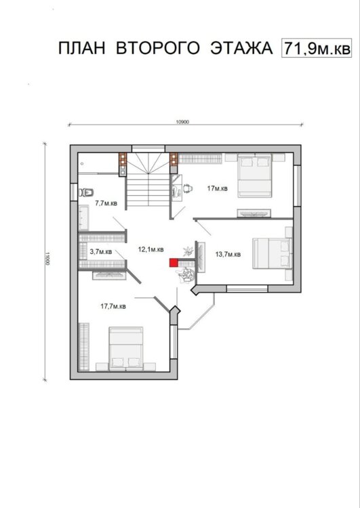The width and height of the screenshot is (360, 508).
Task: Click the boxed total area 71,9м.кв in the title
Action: pos(317,49)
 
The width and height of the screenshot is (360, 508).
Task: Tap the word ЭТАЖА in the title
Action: pos(241,48)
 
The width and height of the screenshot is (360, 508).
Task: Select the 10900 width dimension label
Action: pos(182,122)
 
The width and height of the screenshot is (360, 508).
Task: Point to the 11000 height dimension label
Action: pos(47,259)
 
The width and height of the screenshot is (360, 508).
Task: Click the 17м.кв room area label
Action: pos(218,188)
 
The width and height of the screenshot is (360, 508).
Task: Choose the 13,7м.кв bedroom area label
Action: pos(228,254)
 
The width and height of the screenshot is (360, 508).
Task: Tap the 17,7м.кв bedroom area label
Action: pos(113,306)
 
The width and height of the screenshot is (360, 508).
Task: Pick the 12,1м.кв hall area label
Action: pos(151,249)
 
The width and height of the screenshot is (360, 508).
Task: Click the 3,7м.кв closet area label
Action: pos(100,251)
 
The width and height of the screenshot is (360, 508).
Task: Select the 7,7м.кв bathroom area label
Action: pos(106,203)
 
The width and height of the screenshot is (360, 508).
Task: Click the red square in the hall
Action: pos(174,263)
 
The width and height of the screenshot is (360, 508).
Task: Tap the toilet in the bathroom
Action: pos(86,192)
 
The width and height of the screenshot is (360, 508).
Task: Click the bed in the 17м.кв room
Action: pos(255,175)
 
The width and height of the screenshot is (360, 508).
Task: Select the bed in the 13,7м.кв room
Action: pos(272,253)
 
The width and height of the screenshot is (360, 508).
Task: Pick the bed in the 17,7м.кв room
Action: pos(126,349)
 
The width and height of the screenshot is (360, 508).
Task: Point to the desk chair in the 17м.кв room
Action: pos(188,188)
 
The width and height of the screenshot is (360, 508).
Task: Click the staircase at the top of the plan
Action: pos(148,182)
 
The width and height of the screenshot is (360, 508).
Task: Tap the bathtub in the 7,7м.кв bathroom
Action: pos(83,217)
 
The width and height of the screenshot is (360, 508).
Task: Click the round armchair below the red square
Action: pos(186,276)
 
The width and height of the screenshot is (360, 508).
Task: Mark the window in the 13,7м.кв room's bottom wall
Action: pos(247,289)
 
